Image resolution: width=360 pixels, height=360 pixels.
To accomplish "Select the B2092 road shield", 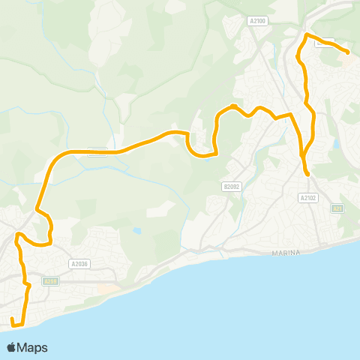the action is pos(232,185).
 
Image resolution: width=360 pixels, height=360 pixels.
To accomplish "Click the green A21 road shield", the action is pos(338,208).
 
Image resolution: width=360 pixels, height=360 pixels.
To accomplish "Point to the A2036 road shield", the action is pos(79,263).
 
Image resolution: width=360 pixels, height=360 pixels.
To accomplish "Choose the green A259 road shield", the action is pos(50,281).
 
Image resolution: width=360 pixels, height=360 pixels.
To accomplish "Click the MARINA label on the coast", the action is pos(285,253).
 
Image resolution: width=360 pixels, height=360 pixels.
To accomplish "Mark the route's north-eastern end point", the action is pos(348,52).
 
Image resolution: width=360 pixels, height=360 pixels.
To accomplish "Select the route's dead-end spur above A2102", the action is pos(307,173).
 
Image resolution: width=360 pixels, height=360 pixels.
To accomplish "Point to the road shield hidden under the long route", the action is pos(97,151).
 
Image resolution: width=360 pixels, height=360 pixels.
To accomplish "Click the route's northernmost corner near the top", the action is pos(307,35).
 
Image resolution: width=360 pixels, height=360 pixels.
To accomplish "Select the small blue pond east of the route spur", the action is pos(336,142).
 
